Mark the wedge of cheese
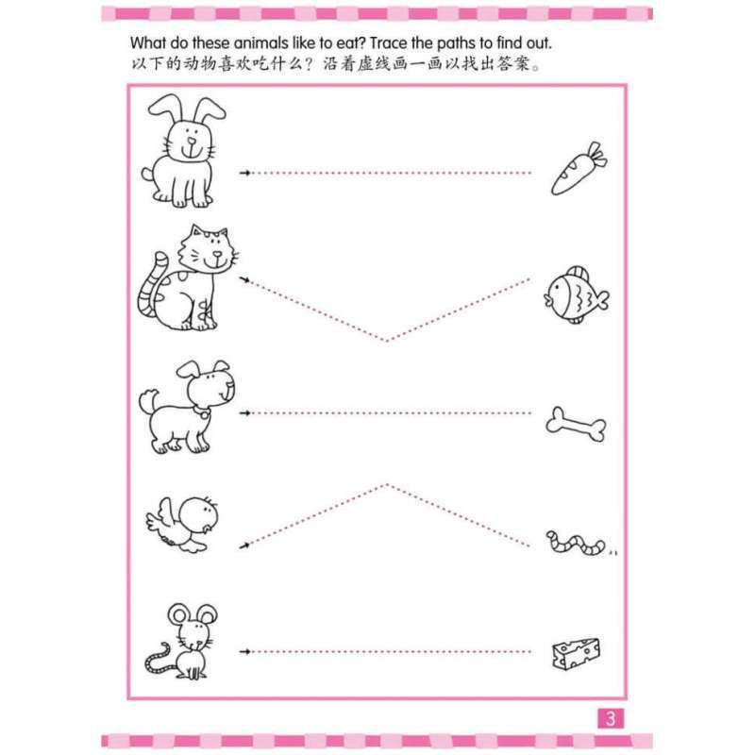[x=576, y=650]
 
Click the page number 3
[x=611, y=719]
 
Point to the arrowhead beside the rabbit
[x=245, y=173]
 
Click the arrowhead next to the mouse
[x=245, y=651]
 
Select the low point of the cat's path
[x=386, y=341]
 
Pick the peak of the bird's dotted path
[x=386, y=484]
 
